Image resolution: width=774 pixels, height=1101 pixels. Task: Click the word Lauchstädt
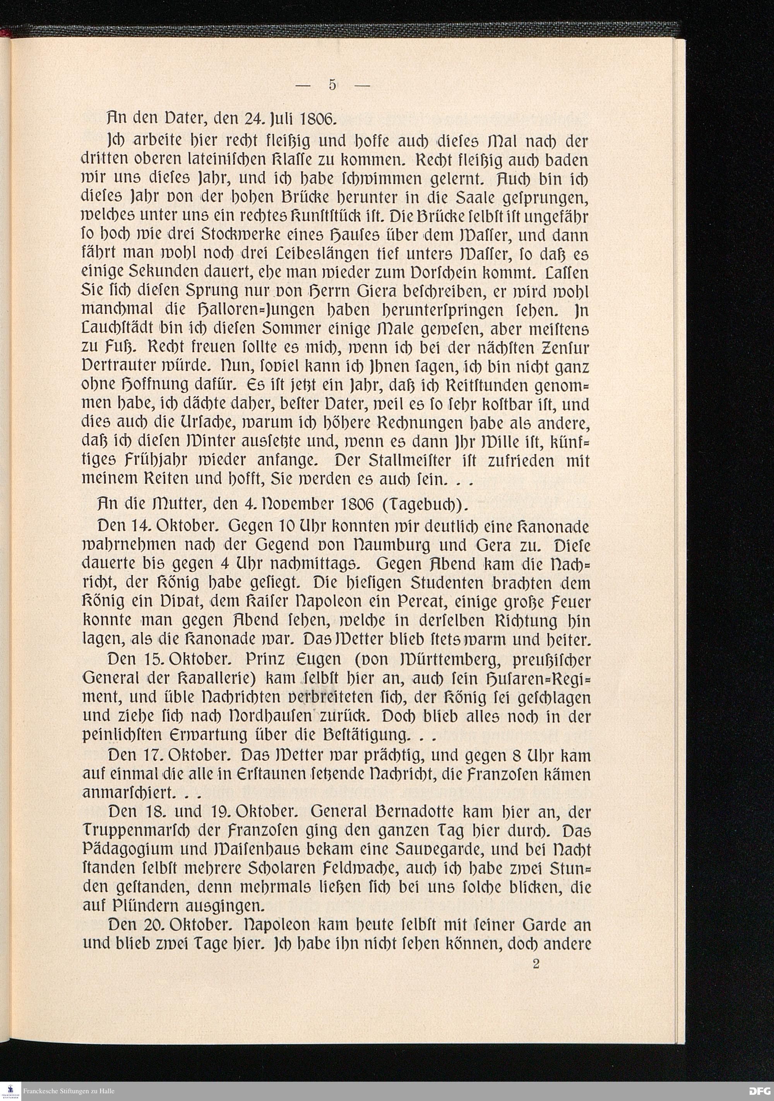(x=119, y=329)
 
